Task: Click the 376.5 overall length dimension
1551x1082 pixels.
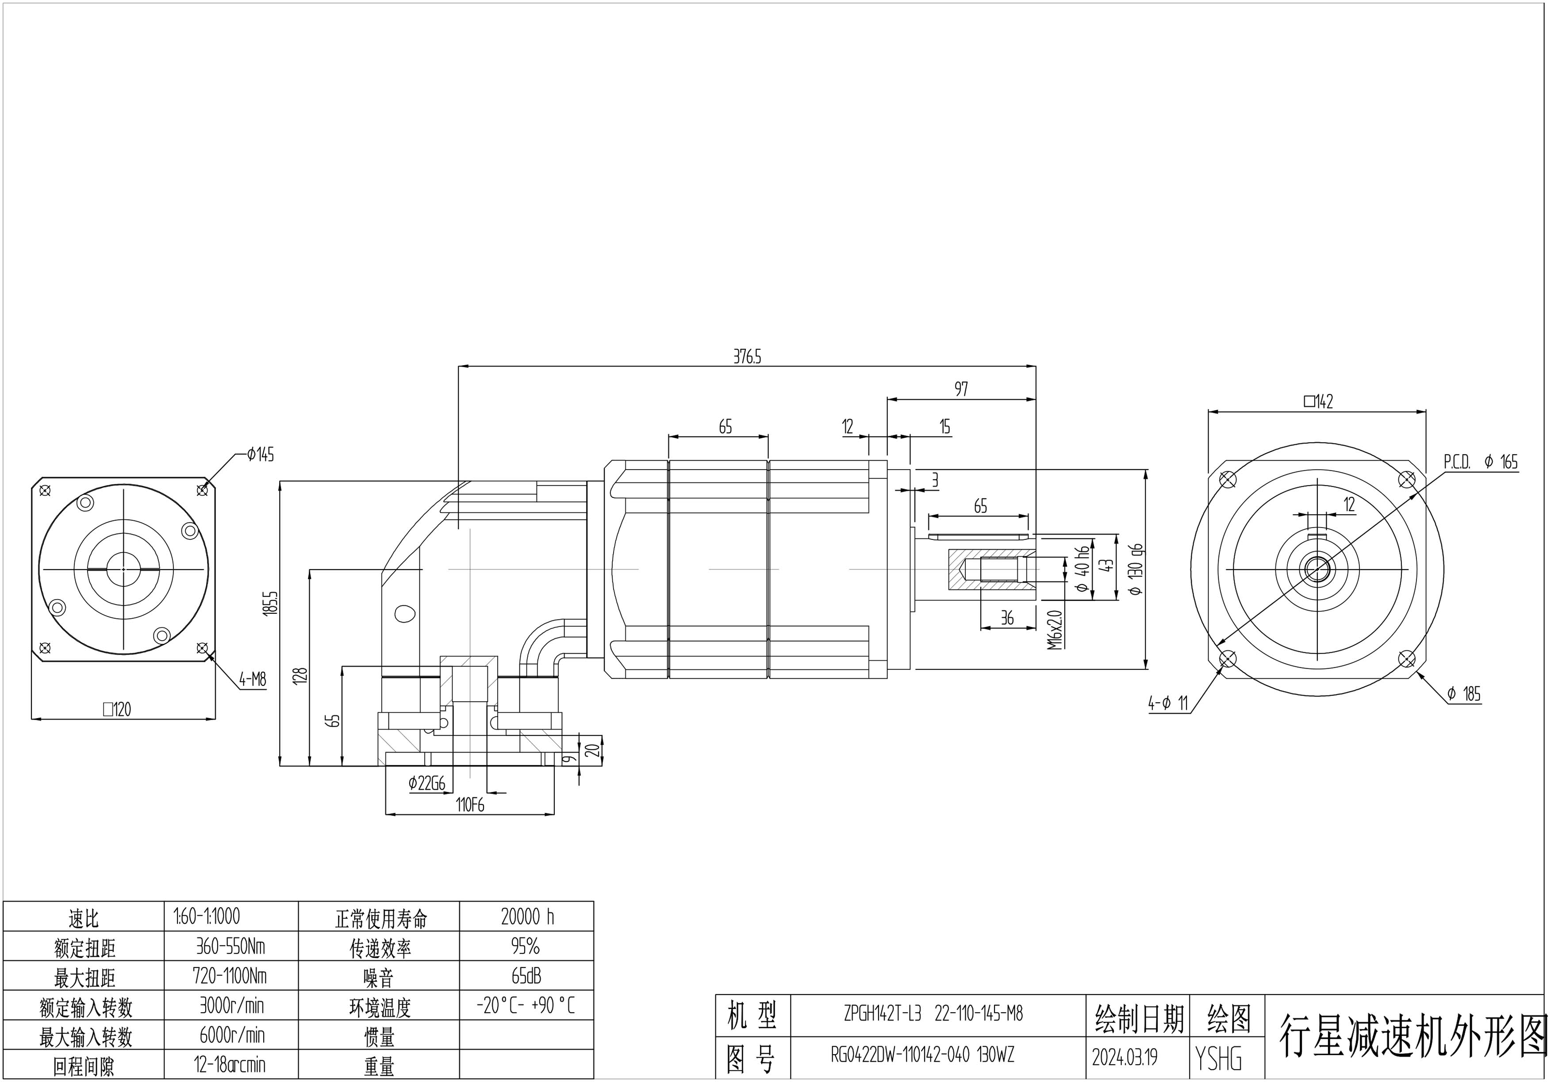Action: tap(747, 357)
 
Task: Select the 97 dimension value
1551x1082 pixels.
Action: tap(961, 389)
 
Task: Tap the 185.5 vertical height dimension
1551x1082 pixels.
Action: tap(271, 602)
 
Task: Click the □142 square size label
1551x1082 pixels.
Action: tap(1318, 402)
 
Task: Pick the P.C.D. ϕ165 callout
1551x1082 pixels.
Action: tap(1481, 462)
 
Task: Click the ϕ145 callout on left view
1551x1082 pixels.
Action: tap(260, 455)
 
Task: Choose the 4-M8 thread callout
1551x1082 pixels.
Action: tap(253, 680)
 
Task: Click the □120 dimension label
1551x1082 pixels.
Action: tap(117, 709)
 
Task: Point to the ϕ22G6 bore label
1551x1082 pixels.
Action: tap(427, 784)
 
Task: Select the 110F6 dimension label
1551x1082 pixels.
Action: tap(469, 805)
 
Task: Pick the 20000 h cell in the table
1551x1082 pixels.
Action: tap(527, 917)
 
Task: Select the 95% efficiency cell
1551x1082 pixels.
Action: tap(526, 946)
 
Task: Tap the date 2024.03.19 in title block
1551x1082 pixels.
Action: tap(1124, 1057)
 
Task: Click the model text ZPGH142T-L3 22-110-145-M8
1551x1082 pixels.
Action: tap(933, 1014)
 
